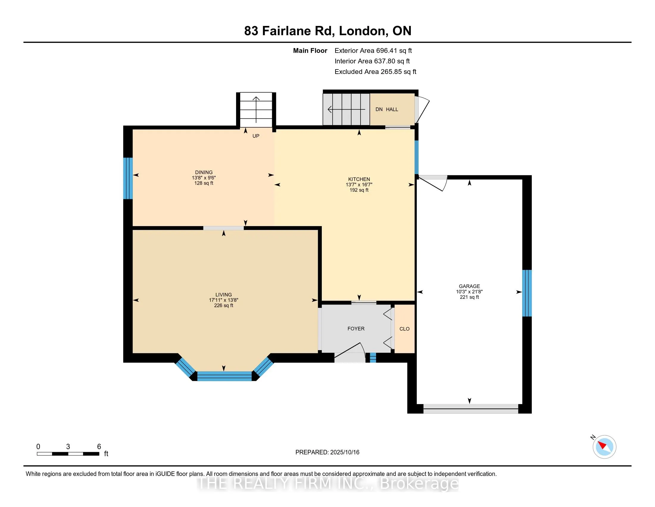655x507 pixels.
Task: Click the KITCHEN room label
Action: (x=359, y=179)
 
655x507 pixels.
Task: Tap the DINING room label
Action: (x=204, y=172)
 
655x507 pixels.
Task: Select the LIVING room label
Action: (x=224, y=295)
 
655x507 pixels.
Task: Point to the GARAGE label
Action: (x=469, y=286)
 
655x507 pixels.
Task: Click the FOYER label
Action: (x=356, y=329)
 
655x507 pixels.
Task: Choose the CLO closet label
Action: (x=405, y=329)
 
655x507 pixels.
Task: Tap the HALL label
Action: (x=392, y=109)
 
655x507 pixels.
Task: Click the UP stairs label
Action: (x=256, y=136)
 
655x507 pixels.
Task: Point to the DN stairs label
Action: (x=379, y=109)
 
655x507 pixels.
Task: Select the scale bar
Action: (x=68, y=454)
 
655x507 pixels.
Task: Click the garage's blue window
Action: (x=527, y=293)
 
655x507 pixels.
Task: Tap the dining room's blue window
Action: (x=128, y=178)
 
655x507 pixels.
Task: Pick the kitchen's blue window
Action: (x=417, y=157)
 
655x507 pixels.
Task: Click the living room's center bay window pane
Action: (x=224, y=376)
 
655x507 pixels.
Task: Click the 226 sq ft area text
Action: (x=224, y=305)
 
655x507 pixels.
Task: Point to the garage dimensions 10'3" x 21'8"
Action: (x=469, y=292)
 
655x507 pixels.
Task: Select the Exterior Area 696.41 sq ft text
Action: (x=373, y=50)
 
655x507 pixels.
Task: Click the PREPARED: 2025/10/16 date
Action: (x=327, y=452)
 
